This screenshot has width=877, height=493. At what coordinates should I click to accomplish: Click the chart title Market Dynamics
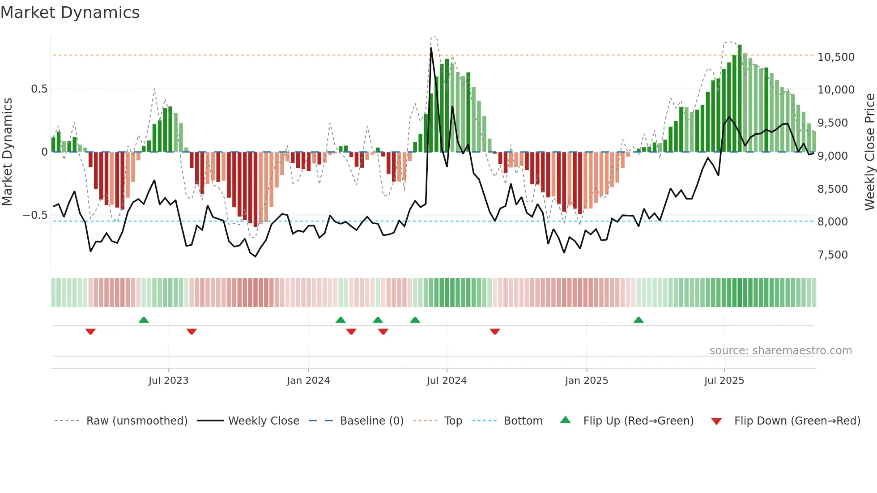[x=70, y=13]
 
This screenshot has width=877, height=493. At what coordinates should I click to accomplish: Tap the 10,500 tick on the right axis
[x=836, y=57]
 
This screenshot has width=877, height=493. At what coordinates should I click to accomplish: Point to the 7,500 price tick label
[x=832, y=255]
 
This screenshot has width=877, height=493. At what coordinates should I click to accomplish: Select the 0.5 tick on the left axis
[x=39, y=89]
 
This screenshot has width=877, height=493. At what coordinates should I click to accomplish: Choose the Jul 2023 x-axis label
[x=168, y=381]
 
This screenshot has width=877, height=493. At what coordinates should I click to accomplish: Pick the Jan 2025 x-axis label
[x=586, y=381]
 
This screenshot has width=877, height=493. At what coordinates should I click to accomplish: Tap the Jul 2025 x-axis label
[x=724, y=381]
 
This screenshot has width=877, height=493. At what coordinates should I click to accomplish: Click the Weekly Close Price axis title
[x=869, y=152]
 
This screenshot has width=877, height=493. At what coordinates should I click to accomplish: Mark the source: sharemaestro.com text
[x=780, y=351]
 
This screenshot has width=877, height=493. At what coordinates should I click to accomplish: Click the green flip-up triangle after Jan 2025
[x=639, y=320]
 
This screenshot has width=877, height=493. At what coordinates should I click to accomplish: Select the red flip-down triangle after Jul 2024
[x=494, y=331]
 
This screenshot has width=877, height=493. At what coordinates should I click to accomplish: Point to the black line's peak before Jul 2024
[x=431, y=48]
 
